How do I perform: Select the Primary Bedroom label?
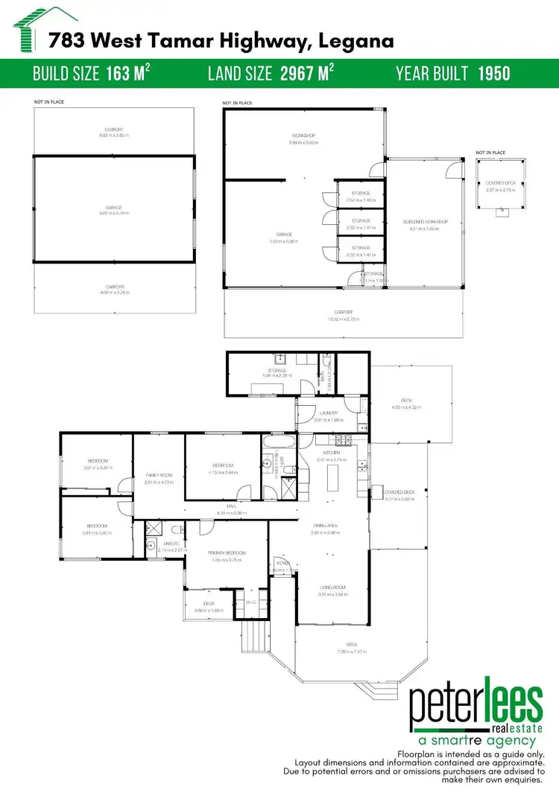227,552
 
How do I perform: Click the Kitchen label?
331,453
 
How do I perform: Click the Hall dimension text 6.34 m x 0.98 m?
231,513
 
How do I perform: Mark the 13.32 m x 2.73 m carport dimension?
344,319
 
